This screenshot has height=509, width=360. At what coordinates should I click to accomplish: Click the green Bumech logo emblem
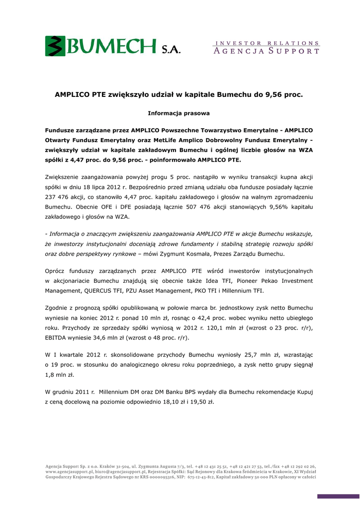56,46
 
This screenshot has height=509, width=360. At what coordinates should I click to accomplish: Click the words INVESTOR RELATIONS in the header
267,43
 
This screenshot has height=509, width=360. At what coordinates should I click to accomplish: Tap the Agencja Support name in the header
267,51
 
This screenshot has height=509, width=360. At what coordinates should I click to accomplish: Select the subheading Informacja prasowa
179,113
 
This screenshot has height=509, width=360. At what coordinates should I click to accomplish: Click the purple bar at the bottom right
338,496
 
